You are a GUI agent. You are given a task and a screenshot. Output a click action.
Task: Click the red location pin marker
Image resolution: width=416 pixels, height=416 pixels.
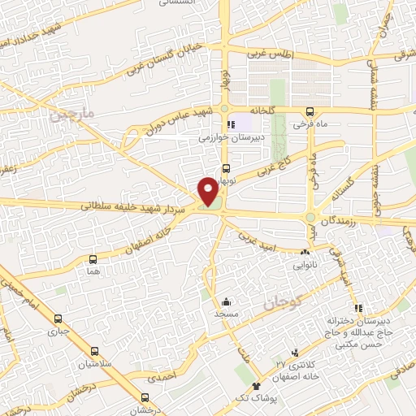click(x=209, y=192)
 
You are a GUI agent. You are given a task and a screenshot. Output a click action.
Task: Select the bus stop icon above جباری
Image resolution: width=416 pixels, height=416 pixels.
click(x=57, y=319)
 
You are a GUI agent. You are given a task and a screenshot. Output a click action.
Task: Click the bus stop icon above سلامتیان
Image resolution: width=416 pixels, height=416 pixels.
click(x=96, y=352)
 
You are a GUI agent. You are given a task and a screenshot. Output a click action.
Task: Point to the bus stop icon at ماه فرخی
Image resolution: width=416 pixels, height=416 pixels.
click(x=310, y=113)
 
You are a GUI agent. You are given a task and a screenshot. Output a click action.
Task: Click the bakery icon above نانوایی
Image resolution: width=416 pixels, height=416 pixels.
click(x=305, y=253)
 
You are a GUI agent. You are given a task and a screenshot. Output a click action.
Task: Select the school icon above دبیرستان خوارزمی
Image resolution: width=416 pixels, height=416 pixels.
click(x=231, y=125)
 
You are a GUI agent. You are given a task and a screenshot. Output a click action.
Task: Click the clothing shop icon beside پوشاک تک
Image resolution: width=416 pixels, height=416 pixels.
click(x=256, y=385)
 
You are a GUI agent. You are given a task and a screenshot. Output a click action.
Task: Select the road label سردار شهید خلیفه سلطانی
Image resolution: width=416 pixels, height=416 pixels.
click(x=134, y=209)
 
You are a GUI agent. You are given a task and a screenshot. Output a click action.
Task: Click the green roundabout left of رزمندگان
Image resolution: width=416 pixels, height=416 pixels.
click(x=310, y=218)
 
